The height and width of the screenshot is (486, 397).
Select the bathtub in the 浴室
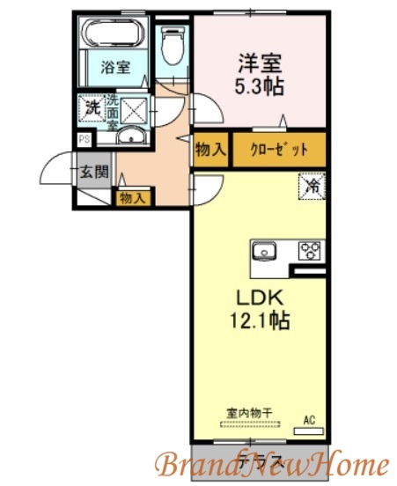click(114, 36)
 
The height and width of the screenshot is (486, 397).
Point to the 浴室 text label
click(114, 68)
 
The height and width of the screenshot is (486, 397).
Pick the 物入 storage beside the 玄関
click(133, 197)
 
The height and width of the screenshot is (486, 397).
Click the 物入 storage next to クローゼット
click(210, 149)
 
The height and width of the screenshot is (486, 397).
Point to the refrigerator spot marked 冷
click(311, 186)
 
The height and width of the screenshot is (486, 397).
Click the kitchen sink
click(266, 251)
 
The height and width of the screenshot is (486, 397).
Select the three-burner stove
click(310, 250)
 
